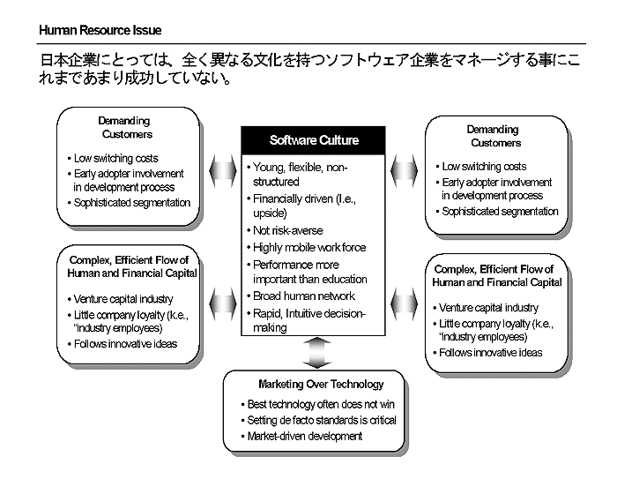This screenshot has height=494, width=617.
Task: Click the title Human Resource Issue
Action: [x=100, y=31]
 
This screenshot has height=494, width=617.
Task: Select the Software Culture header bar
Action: [x=314, y=140]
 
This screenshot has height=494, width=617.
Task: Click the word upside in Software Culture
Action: [x=269, y=213]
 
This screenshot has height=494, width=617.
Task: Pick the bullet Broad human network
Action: [x=303, y=296]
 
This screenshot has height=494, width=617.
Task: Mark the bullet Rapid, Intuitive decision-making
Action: [x=308, y=319]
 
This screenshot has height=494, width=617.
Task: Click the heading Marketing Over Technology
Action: [x=321, y=385]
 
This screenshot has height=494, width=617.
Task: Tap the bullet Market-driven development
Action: [x=304, y=436]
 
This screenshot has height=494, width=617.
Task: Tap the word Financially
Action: [x=281, y=198]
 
